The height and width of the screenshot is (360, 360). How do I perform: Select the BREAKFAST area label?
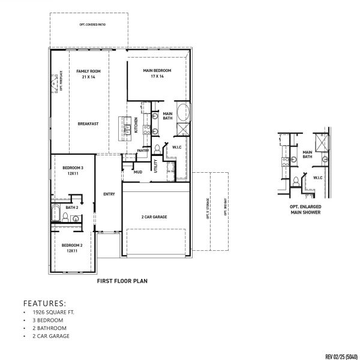click(x=88, y=124)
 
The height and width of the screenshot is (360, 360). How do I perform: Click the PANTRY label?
click(x=143, y=150)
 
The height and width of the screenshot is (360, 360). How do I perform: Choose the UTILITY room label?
click(x=155, y=166)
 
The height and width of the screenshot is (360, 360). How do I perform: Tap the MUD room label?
click(x=138, y=172)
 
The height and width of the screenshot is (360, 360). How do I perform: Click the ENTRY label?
click(x=109, y=194)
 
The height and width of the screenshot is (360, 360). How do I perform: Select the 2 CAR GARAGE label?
click(x=154, y=217)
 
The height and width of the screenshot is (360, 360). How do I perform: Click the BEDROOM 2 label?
click(x=73, y=248)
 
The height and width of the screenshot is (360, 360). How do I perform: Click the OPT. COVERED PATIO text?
click(x=88, y=24)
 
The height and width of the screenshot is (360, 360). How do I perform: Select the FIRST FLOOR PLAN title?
click(x=122, y=280)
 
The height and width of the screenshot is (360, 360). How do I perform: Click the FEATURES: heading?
click(x=44, y=303)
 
